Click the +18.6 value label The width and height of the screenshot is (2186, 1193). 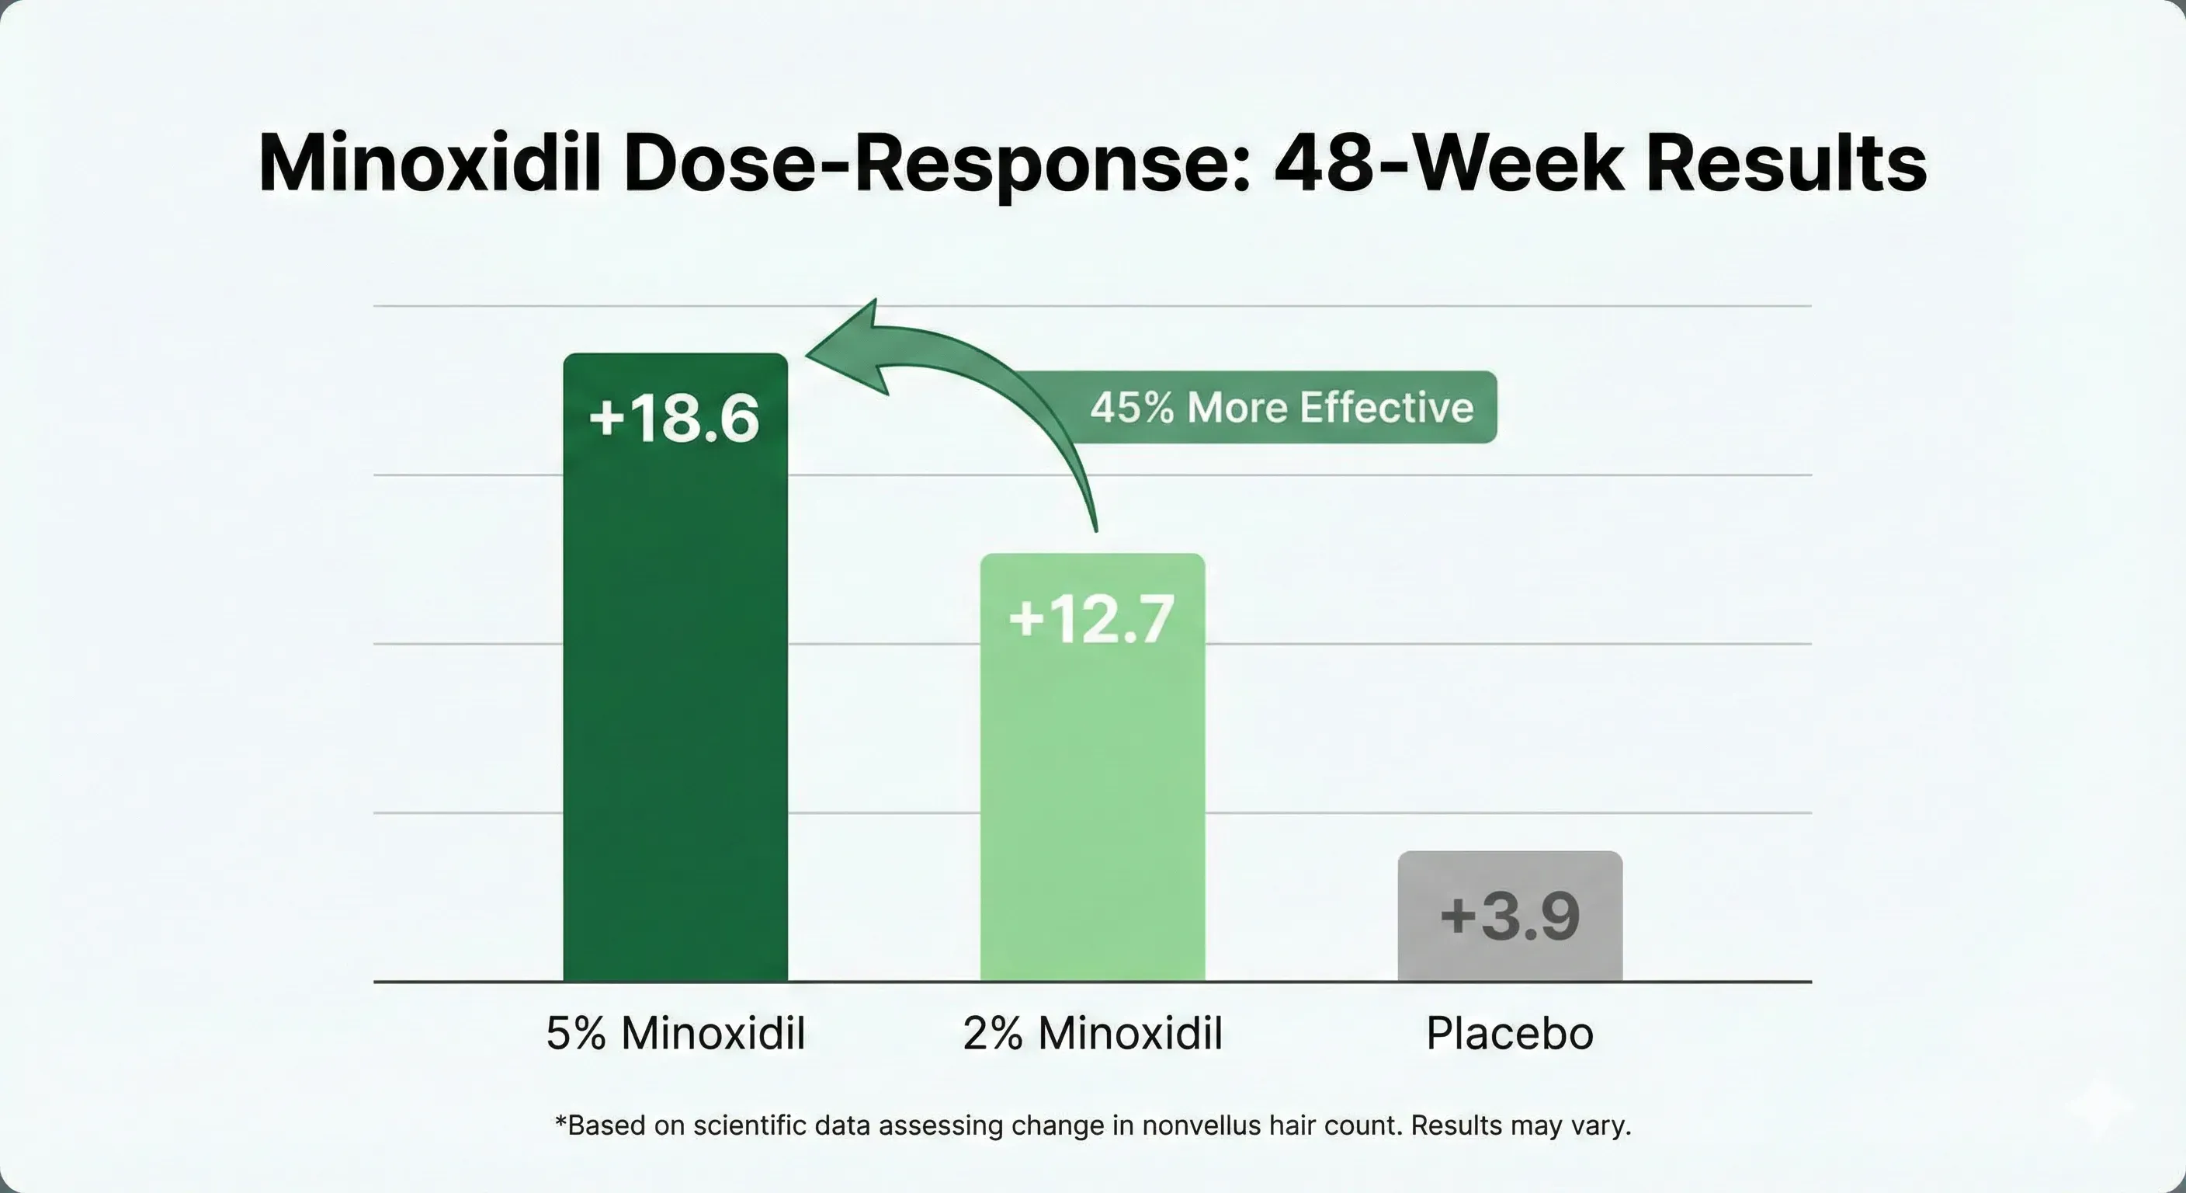click(675, 419)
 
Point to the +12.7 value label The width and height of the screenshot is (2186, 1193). click(1092, 618)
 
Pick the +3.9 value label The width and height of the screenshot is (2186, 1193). click(1510, 916)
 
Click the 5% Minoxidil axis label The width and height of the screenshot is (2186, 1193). click(675, 1033)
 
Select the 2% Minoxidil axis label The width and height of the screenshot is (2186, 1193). click(1092, 1033)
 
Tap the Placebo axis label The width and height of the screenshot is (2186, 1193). click(1510, 1033)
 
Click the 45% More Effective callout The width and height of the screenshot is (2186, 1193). click(1282, 408)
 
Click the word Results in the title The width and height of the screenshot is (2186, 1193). click(1786, 163)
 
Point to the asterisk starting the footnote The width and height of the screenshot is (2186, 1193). click(560, 1122)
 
